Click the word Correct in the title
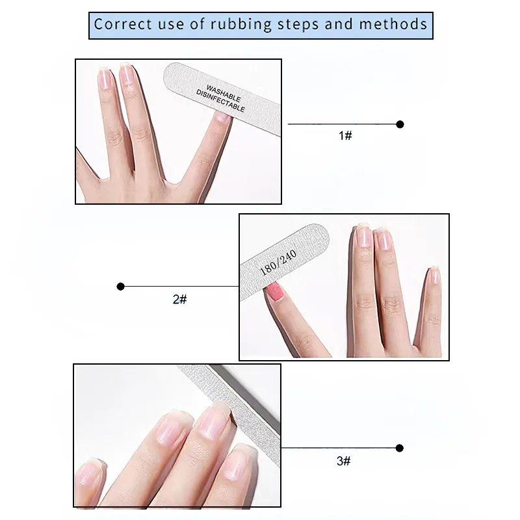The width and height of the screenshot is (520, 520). [x=123, y=24]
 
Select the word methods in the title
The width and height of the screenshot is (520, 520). [x=393, y=24]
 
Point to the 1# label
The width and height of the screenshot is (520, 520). [x=345, y=135]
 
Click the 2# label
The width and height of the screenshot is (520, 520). [x=180, y=299]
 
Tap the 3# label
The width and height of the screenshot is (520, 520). [x=344, y=461]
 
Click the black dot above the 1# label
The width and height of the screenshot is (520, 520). [x=400, y=124]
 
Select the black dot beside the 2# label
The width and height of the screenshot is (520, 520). [x=121, y=286]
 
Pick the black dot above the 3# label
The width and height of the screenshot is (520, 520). [x=400, y=448]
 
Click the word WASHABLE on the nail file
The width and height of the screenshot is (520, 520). [x=224, y=93]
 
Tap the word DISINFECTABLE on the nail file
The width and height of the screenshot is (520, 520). [x=220, y=101]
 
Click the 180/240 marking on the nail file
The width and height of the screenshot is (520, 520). [x=278, y=263]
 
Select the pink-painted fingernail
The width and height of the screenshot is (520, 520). [x=275, y=291]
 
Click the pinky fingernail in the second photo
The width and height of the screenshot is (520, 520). [x=434, y=275]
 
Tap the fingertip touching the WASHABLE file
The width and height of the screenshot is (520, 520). [x=222, y=118]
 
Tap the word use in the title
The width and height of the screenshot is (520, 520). [x=170, y=25]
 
